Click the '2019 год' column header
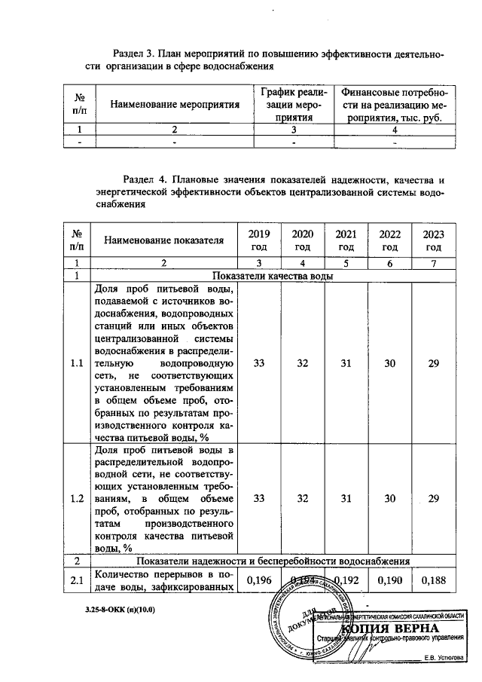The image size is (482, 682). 259,240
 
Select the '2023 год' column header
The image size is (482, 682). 433,240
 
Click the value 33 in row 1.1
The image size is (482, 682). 259,364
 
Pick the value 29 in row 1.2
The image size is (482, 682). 433,498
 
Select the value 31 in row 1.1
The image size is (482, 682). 346,364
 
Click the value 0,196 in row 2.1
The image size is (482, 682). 259,580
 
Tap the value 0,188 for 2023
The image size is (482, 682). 433,580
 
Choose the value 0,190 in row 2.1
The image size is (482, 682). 389,580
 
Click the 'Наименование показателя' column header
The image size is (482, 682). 164,240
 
